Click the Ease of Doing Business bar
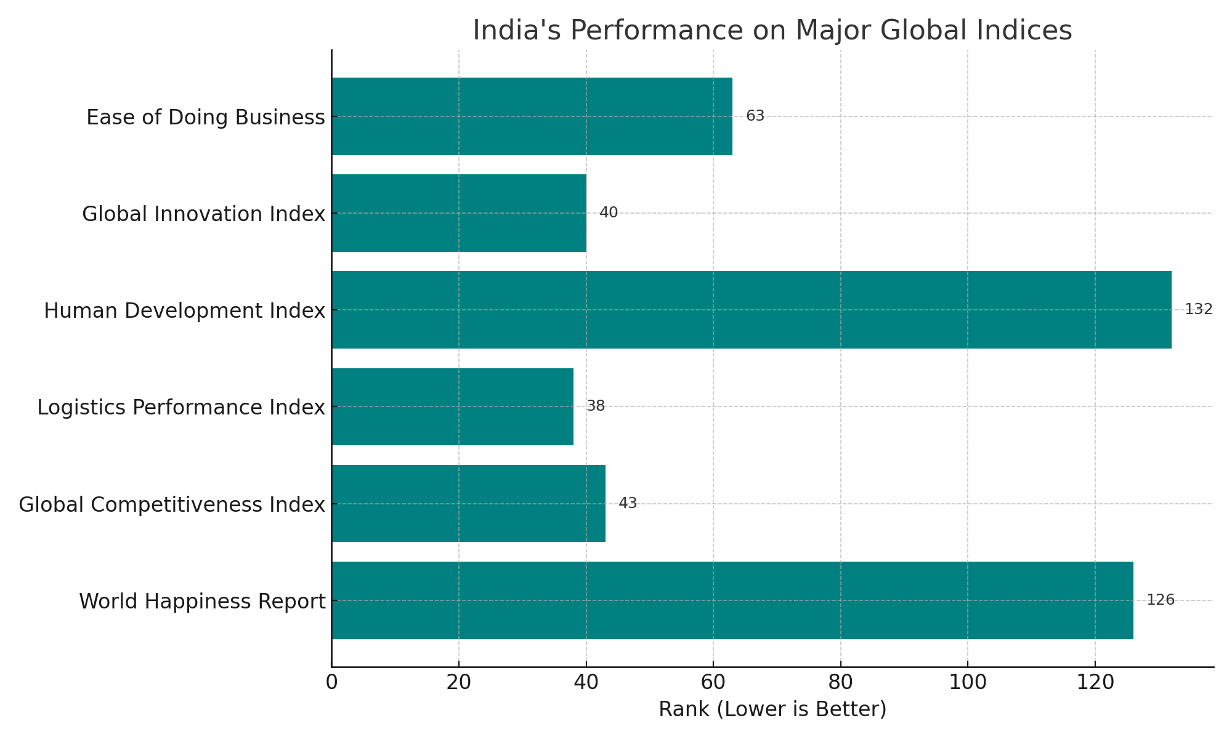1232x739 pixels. point(532,116)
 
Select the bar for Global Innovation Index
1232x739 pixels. point(459,213)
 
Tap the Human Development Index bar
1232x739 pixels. point(751,310)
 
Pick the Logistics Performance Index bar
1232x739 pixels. point(452,406)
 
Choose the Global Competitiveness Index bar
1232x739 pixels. point(468,504)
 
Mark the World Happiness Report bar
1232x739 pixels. point(732,600)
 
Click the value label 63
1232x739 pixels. point(755,116)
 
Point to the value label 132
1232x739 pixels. point(1198,309)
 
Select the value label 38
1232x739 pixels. point(596,406)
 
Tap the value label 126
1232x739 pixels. point(1161,600)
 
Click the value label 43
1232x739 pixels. point(628,503)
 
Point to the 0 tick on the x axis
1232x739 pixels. point(331,683)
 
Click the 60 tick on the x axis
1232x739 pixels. point(713,683)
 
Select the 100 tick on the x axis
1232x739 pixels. point(968,683)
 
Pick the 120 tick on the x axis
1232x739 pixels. point(1095,683)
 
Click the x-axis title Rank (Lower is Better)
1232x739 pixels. point(772,709)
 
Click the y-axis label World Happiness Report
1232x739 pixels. point(202,601)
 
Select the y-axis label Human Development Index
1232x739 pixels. point(184,310)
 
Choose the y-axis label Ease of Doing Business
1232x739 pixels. point(205,117)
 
